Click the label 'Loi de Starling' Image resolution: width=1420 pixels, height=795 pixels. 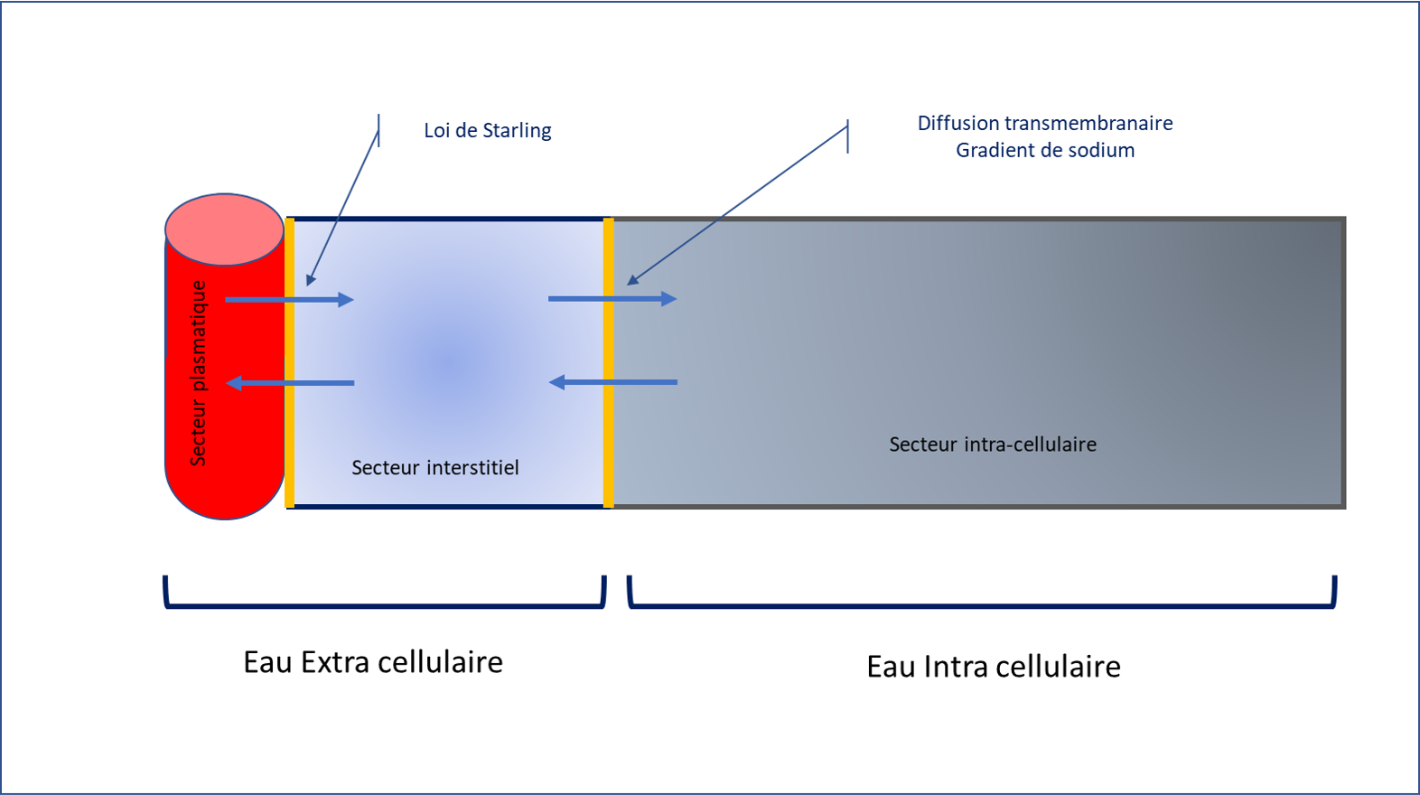coord(487,131)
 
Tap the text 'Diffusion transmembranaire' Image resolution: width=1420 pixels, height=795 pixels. coord(1044,124)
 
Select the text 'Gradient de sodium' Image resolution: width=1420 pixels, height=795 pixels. coord(1045,151)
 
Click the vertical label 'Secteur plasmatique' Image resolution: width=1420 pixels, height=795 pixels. coord(199,373)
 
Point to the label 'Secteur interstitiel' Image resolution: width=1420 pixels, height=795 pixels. coord(434,468)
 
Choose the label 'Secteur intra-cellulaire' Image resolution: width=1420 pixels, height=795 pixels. coord(992,444)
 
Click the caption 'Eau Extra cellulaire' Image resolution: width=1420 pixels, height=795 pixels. coord(372,662)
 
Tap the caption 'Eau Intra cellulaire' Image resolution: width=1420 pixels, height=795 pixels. coord(993,667)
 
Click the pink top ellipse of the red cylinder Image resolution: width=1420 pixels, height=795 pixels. coord(224,229)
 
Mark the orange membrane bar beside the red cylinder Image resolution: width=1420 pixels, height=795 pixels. coord(289,361)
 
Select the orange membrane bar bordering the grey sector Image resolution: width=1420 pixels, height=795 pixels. coord(609,361)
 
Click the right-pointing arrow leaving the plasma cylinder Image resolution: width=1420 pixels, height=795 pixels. coord(289,299)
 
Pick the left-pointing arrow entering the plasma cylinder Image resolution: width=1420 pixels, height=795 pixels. coord(289,383)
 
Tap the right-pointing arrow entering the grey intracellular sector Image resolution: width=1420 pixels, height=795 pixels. coord(612,298)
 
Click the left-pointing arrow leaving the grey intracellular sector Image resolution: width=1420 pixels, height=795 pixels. coord(612,382)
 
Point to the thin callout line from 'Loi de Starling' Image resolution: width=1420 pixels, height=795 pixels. coord(343,208)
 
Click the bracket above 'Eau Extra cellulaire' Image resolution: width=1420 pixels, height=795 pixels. coord(384,606)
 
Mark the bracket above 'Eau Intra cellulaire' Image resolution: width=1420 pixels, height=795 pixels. coord(981,606)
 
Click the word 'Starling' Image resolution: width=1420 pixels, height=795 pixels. coord(517,131)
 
